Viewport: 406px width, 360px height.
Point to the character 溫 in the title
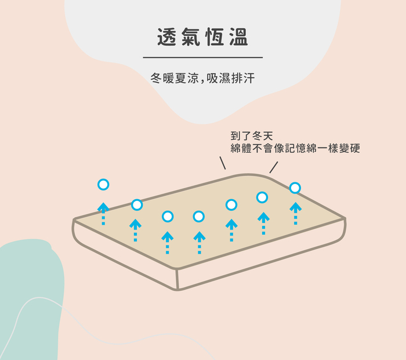click(238, 37)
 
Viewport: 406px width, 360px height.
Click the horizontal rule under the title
click(202, 57)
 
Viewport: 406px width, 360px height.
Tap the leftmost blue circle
click(103, 185)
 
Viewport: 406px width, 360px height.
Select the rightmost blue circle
click(295, 188)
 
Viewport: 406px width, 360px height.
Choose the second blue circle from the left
click(137, 204)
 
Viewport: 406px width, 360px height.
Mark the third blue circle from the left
click(168, 217)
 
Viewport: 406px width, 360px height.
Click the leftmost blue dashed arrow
click(103, 214)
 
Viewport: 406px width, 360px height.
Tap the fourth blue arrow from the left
click(199, 242)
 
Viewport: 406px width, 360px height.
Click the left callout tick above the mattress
click(222, 162)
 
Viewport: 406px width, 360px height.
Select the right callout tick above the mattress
click(274, 167)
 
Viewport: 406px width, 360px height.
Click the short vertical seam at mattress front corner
click(178, 280)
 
